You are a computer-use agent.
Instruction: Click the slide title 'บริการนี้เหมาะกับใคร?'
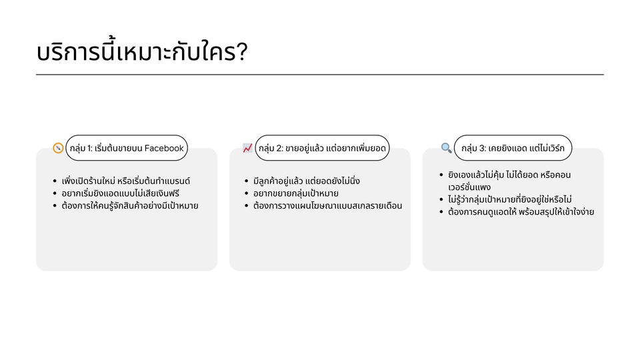(x=142, y=52)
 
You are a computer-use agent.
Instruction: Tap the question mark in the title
(x=241, y=52)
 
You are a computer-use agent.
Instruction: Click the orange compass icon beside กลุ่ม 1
(x=58, y=148)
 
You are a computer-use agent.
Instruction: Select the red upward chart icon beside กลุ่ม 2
(x=247, y=148)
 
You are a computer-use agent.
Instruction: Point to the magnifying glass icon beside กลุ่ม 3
(x=446, y=148)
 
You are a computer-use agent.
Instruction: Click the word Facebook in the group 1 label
(x=164, y=148)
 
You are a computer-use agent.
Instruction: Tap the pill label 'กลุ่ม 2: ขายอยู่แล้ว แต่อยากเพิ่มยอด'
(x=322, y=148)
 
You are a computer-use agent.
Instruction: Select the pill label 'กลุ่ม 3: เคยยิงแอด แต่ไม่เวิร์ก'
(x=513, y=148)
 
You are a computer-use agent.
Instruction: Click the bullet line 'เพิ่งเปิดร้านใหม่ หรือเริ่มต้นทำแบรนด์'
(x=126, y=181)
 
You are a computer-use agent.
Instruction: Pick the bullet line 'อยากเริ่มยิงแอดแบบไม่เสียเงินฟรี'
(x=121, y=193)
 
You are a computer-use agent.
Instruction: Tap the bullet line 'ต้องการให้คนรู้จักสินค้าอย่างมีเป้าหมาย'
(x=130, y=205)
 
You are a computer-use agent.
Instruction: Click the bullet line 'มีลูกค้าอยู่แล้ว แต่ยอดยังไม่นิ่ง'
(x=307, y=181)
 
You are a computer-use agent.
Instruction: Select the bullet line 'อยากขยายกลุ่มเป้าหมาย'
(x=295, y=193)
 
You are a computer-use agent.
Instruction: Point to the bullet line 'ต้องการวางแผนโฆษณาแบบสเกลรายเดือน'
(x=327, y=205)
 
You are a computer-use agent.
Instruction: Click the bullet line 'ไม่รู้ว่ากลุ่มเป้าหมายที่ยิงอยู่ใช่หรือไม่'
(x=510, y=199)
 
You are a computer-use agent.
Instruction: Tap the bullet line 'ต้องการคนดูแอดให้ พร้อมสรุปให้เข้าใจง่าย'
(x=521, y=211)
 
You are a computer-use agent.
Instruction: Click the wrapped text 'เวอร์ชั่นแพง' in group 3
(x=469, y=187)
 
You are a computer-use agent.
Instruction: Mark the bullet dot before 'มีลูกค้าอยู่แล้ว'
(x=247, y=181)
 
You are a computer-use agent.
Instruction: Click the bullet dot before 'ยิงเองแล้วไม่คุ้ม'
(x=441, y=175)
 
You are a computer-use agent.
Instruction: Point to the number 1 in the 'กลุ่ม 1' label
(x=89, y=148)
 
